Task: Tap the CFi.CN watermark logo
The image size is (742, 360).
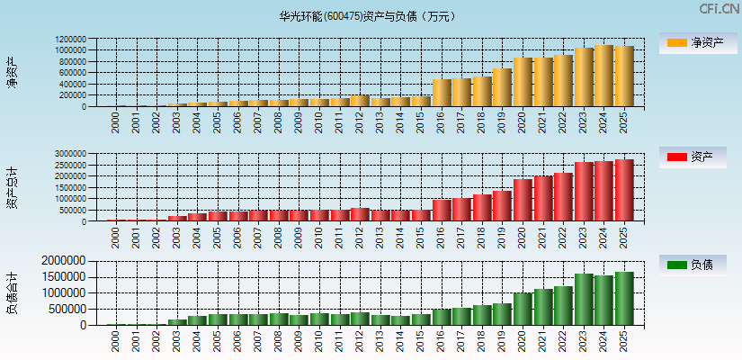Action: [719, 9]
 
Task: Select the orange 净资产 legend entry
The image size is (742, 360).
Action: [696, 42]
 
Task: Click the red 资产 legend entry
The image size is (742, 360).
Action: [696, 157]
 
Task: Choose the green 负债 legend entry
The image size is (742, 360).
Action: [696, 265]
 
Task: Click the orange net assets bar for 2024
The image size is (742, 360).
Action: [603, 76]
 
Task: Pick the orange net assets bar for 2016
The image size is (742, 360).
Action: [442, 93]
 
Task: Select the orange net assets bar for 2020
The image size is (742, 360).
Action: [523, 83]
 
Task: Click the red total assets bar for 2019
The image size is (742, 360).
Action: [502, 206]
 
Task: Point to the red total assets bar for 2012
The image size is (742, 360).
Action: [360, 215]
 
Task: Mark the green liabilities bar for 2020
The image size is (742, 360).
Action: [523, 309]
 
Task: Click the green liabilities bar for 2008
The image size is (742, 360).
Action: [279, 319]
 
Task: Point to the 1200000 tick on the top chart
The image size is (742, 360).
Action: [70, 40]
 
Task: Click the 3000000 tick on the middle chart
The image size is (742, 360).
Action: [70, 154]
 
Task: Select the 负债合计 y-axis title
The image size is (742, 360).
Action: [12, 292]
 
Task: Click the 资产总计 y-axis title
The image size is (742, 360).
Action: [12, 188]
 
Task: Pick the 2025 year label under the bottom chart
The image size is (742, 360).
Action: [624, 341]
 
